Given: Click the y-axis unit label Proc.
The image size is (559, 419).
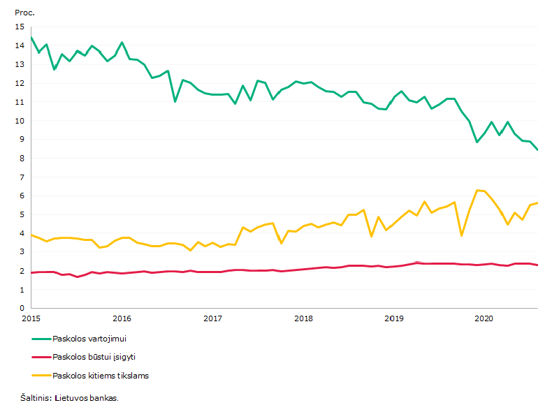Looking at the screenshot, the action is [x=24, y=13].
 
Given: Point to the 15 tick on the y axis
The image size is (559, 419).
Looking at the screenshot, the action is [x=20, y=27].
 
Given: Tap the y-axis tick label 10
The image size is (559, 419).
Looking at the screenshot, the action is [x=20, y=121].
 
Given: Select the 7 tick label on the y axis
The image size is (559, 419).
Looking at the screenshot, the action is [x=22, y=177].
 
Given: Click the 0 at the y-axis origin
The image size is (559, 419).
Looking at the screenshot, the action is [x=22, y=308].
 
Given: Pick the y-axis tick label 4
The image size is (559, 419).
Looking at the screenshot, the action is [x=22, y=233].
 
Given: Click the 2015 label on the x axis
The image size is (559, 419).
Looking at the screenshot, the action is [x=31, y=318].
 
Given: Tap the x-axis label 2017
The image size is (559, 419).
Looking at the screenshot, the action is [x=212, y=318].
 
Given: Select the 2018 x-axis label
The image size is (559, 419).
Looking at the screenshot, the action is [x=303, y=318].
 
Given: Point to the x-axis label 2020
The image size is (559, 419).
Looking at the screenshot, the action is [x=484, y=318].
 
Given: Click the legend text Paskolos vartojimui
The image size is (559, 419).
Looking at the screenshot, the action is [x=89, y=339].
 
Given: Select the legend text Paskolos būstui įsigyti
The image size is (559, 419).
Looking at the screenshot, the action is [x=94, y=357].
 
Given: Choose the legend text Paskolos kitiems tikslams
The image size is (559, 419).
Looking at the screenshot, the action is [x=101, y=376].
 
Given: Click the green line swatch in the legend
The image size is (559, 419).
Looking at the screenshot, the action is [x=41, y=339].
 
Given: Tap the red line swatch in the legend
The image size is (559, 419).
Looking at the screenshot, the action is [x=41, y=357].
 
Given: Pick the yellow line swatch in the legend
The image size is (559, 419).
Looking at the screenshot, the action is [x=41, y=376].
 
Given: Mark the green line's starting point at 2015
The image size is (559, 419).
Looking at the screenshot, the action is [x=31, y=37].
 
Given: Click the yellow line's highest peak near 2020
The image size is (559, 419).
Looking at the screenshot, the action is [x=477, y=190].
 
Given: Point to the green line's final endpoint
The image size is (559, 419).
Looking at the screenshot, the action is [x=537, y=149].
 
